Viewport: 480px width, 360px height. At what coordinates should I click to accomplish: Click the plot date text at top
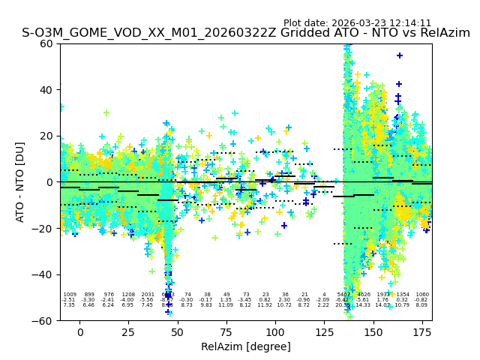(x=357, y=23)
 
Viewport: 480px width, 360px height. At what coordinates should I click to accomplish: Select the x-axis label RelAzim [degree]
(x=246, y=346)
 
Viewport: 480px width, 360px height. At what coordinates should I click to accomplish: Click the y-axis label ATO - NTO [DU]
(x=20, y=181)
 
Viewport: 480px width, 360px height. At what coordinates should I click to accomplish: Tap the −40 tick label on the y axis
(x=45, y=274)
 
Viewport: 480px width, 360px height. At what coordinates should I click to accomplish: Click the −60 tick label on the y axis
(x=45, y=320)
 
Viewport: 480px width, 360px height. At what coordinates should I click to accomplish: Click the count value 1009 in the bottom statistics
(x=70, y=295)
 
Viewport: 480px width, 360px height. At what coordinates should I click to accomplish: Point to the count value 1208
(x=128, y=295)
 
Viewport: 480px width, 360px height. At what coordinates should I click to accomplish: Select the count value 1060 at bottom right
(x=422, y=295)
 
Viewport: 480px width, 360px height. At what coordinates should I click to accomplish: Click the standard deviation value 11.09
(x=226, y=305)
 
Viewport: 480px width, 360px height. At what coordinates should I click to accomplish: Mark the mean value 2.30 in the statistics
(x=285, y=300)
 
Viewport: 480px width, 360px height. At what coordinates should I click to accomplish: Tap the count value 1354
(x=403, y=295)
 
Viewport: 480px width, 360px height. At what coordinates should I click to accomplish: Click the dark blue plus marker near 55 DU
(x=400, y=55)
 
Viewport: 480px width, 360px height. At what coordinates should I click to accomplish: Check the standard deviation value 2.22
(x=324, y=305)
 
